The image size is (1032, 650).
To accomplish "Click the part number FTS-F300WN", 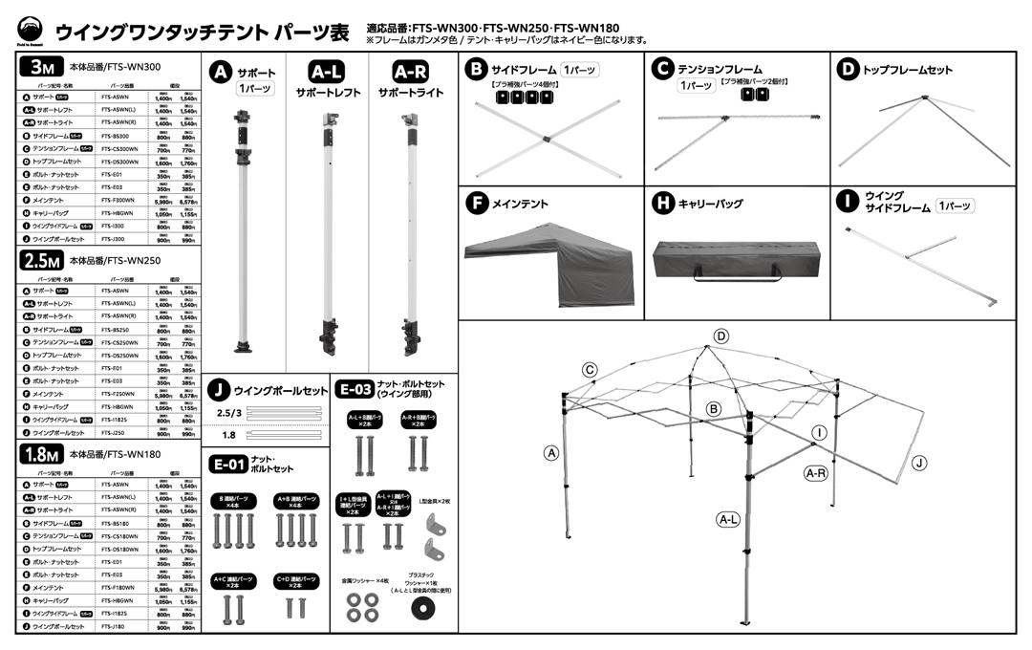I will point(118,202).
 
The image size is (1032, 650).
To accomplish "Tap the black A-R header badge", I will point(412,72).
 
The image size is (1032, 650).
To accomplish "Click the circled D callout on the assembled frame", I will point(721,336).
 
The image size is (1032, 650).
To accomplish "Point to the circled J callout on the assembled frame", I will point(919,463).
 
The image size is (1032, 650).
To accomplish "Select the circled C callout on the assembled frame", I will point(591,370).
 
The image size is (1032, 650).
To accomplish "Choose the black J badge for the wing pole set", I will point(220,390).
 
